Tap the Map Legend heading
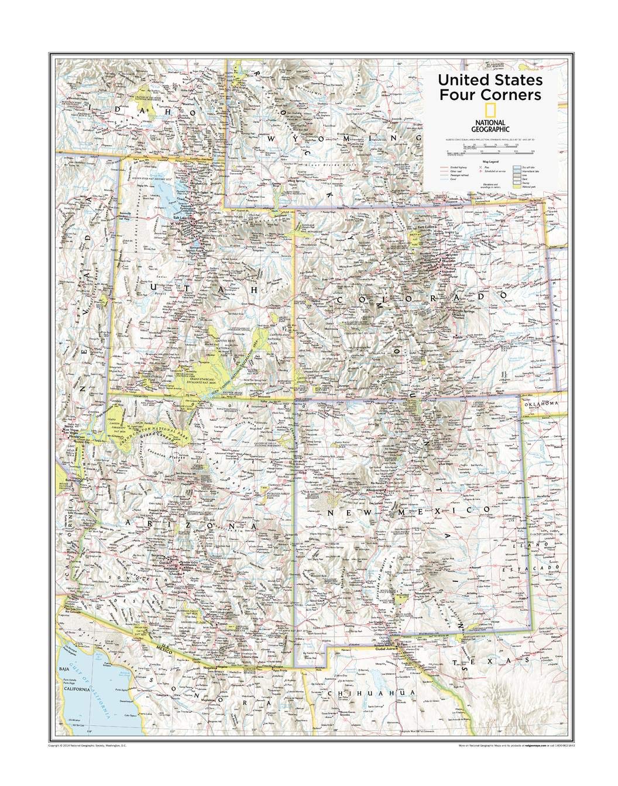click(490, 161)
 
